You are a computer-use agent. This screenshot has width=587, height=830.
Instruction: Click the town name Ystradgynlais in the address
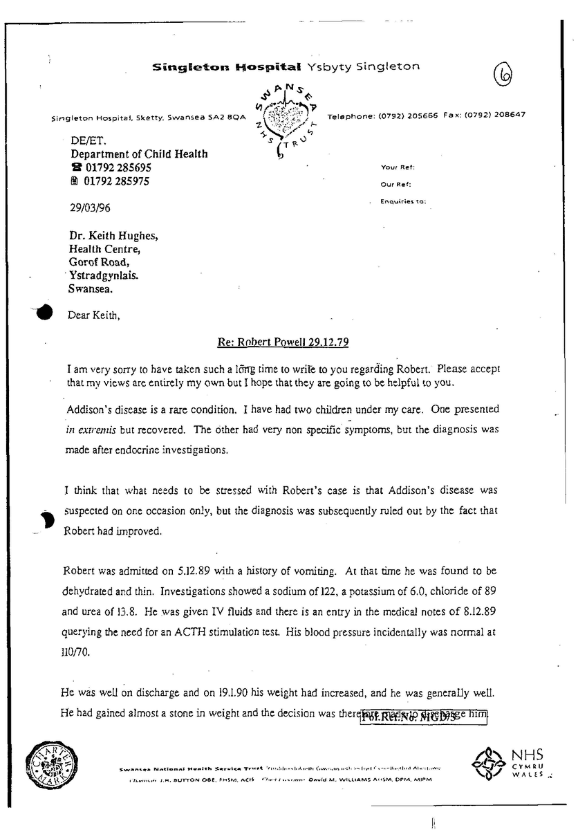click(103, 275)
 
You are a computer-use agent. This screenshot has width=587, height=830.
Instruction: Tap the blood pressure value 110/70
click(77, 651)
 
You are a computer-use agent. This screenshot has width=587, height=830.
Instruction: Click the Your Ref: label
click(398, 167)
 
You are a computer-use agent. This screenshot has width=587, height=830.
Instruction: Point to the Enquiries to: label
click(403, 202)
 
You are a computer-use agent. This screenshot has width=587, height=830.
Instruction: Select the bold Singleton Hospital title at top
click(227, 68)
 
